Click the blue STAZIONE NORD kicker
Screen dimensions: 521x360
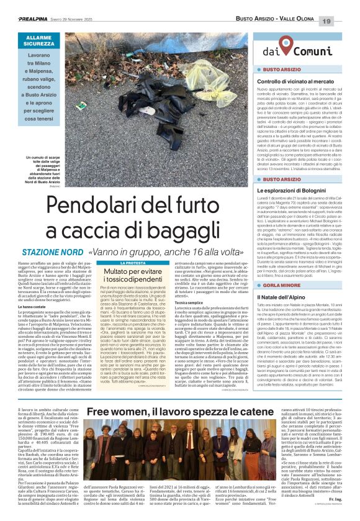(52, 253)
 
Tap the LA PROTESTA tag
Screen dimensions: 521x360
(132, 263)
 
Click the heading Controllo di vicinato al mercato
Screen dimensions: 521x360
(295, 82)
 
